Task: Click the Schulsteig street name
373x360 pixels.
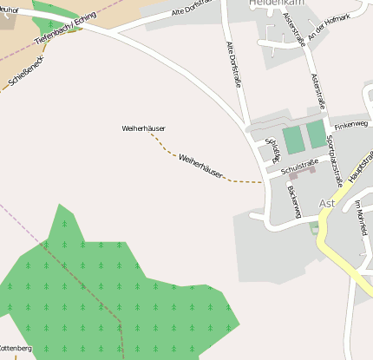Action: click(x=273, y=148)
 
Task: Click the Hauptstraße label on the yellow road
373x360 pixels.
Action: click(x=357, y=168)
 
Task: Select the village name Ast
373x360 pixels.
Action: click(x=327, y=203)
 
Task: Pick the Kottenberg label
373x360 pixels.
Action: click(x=15, y=348)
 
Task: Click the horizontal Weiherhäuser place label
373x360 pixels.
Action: click(x=143, y=128)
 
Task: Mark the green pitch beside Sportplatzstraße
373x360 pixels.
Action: click(x=316, y=134)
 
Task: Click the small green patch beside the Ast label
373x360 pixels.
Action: click(x=314, y=227)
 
